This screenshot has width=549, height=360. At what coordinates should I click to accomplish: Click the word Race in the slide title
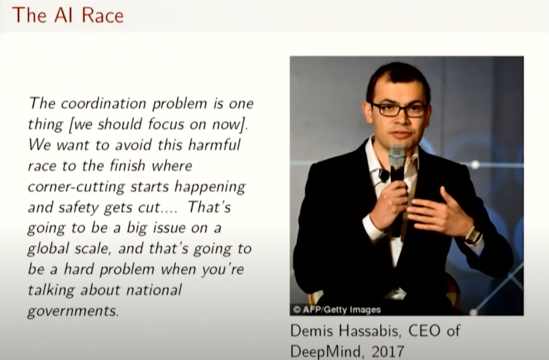point(103,15)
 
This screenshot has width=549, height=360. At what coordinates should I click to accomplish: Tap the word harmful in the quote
point(214,145)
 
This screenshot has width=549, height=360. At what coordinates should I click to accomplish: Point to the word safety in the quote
point(78,207)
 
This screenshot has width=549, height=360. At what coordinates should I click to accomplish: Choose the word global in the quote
point(48,249)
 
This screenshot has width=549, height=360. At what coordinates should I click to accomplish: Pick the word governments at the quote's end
point(73,311)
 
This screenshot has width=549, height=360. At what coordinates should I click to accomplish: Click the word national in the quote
point(154,290)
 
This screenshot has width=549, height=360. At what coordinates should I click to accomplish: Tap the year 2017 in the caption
point(388,351)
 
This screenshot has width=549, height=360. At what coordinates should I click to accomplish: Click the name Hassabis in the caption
point(370,331)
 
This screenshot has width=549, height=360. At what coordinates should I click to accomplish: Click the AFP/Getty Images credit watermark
point(337,310)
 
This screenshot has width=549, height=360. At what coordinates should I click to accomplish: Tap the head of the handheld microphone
point(397,157)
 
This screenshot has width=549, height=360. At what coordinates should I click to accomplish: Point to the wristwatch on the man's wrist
point(472,236)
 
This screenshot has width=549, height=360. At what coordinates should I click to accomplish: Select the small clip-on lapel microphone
point(383,175)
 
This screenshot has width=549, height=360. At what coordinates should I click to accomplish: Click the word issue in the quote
point(169,228)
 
